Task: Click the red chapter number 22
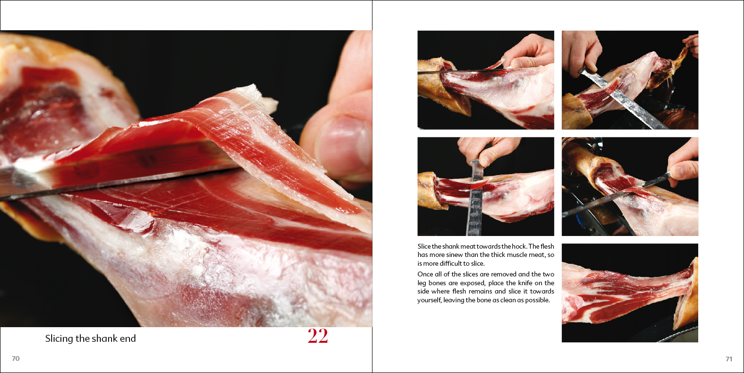pos(317,336)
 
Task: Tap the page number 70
pos(16,359)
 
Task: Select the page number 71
pos(728,359)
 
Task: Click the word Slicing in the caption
pos(59,338)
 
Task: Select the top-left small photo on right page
pos(485,80)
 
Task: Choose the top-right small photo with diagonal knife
pos(630,80)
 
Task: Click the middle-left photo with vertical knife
pos(485,186)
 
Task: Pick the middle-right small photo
pos(630,186)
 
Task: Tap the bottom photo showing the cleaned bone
pos(630,293)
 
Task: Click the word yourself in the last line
pos(429,300)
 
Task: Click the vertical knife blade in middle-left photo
pos(475,205)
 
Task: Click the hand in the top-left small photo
pos(528,51)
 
